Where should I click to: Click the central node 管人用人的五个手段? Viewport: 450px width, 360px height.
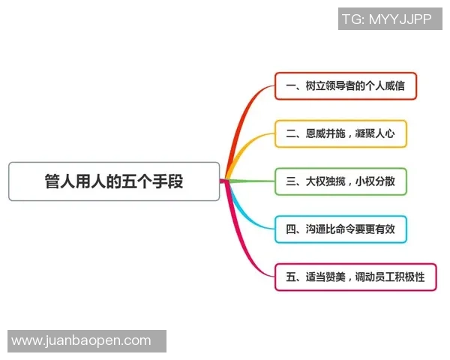pos(114,181)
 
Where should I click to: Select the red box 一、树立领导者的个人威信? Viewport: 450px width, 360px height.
pos(345,86)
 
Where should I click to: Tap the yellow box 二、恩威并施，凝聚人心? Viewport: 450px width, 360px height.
pos(340,134)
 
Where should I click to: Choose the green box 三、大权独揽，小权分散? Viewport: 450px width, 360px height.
pos(340,181)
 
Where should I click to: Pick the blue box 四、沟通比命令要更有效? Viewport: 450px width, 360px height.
pos(340,229)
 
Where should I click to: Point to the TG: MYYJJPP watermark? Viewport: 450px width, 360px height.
pos(389,19)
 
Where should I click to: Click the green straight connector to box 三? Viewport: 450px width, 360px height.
pos(251,181)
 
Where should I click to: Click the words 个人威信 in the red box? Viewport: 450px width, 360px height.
pos(383,86)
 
